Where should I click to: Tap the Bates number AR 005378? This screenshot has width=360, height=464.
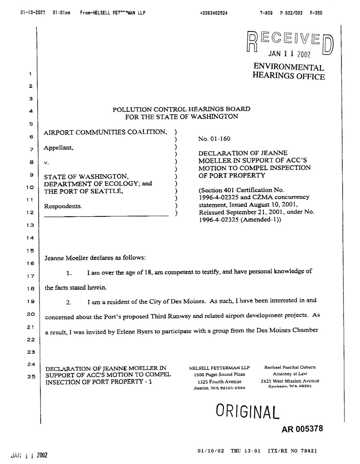[302, 429]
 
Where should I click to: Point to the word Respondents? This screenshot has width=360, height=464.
[63, 206]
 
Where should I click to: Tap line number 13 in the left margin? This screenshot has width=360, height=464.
[30, 225]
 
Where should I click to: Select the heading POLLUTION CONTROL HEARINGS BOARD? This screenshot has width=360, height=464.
[181, 109]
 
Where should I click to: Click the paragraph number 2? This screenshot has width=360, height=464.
[68, 303]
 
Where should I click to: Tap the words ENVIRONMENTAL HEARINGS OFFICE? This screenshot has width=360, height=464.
[289, 72]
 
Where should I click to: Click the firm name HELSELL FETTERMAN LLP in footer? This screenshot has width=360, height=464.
[219, 368]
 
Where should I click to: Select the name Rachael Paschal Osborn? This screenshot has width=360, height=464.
[290, 367]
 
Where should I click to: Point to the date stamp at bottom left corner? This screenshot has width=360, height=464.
[29, 455]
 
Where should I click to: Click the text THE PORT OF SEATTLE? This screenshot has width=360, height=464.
[84, 191]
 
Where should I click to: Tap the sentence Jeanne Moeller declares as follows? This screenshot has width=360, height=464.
[95, 258]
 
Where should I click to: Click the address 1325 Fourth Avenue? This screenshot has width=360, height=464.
[219, 381]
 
